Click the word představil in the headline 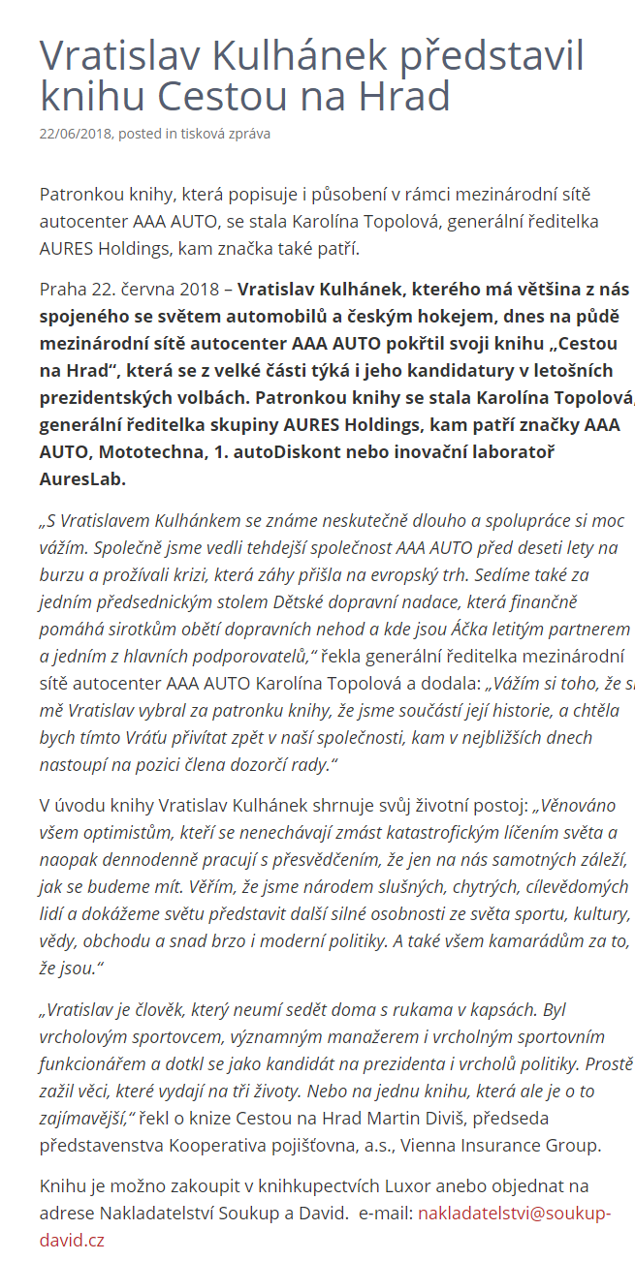(487, 57)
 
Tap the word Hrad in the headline (405, 97)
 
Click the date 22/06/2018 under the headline (76, 134)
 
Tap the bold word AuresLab (82, 478)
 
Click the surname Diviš (432, 1119)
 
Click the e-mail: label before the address (386, 1213)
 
